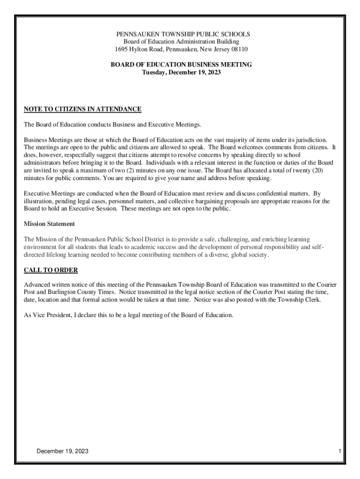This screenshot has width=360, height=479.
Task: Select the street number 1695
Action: tap(122, 49)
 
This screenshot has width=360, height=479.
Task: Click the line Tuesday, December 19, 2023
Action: tap(181, 73)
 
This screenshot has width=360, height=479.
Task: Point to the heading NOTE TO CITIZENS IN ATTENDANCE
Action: tap(82, 109)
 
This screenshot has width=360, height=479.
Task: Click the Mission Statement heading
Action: tap(49, 224)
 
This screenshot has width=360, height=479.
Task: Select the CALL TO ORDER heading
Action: tap(50, 270)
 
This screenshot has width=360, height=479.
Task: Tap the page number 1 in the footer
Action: tap(341, 451)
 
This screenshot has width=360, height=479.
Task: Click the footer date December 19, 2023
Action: tap(63, 451)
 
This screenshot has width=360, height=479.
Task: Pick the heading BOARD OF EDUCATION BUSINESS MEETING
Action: tap(181, 65)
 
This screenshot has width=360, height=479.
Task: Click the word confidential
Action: tap(263, 193)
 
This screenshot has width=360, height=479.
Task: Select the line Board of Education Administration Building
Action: tap(181, 42)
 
